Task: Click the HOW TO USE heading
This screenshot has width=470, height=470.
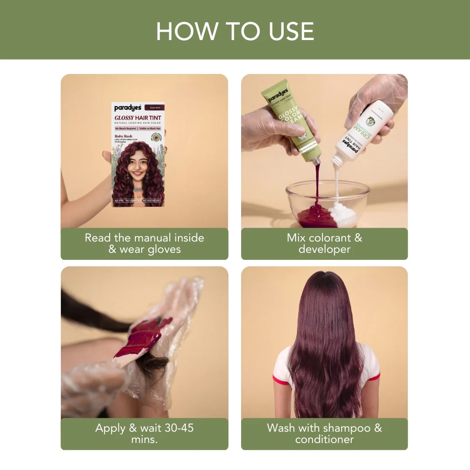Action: coord(235,31)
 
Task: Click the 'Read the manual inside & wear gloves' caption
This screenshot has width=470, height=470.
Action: coord(144,244)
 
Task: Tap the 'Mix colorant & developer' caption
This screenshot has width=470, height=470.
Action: coord(324,244)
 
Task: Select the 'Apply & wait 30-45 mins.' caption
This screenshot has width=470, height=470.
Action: coord(144,433)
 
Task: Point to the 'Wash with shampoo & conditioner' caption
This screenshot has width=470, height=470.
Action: coord(324,433)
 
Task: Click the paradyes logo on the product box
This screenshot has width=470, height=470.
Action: coord(128,108)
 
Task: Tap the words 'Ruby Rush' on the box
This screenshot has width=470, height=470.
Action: coord(124,136)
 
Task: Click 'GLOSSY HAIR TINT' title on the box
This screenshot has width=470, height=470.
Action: coord(138,118)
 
